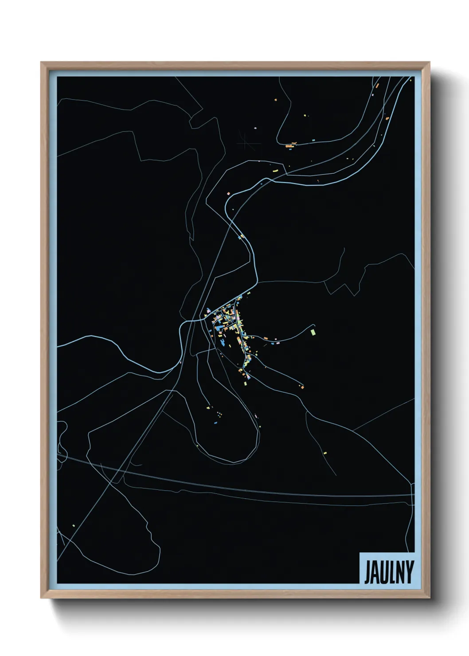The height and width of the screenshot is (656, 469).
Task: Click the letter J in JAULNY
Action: tap(367, 573)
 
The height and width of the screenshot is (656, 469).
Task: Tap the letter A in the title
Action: tap(375, 573)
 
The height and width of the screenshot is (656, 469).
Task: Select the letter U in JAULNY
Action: tap(384, 573)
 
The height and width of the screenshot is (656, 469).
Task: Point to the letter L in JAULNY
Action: tap(392, 573)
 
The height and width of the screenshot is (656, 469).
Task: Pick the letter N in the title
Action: tap(400, 573)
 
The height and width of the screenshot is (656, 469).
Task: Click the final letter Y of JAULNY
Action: tap(409, 573)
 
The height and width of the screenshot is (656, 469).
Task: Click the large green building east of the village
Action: tap(313, 332)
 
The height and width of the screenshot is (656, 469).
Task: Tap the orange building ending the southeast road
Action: tap(302, 387)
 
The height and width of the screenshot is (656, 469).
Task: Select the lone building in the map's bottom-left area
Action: tap(74, 526)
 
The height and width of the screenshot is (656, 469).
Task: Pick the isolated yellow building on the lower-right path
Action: tap(325, 453)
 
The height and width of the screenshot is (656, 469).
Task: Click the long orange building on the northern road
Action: tap(290, 145)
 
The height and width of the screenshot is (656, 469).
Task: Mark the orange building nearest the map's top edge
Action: tap(377, 83)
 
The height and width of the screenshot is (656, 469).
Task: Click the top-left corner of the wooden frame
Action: tap(41, 62)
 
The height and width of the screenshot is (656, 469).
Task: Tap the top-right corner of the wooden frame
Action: tap(430, 62)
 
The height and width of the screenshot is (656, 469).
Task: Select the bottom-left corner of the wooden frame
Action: tap(41, 598)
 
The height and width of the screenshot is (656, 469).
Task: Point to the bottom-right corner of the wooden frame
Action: tap(430, 598)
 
